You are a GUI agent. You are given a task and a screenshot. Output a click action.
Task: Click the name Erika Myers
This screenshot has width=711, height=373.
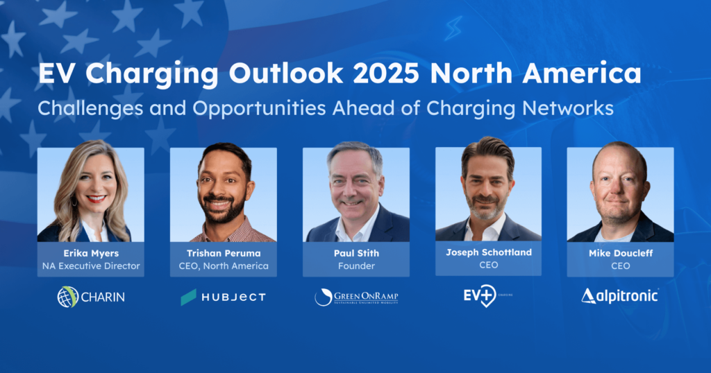[x=90, y=253]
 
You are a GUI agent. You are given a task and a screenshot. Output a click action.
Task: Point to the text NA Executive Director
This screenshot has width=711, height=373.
[x=90, y=266]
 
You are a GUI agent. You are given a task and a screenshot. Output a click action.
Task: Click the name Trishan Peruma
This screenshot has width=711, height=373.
[x=223, y=253]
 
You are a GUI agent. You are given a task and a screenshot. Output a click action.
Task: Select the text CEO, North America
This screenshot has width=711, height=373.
[x=223, y=266]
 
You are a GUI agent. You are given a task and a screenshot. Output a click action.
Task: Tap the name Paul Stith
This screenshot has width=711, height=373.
[x=355, y=253]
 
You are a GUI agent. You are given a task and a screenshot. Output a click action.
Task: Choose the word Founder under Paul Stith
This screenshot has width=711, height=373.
[x=355, y=266]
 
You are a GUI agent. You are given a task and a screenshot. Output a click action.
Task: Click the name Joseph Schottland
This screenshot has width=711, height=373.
[x=488, y=252]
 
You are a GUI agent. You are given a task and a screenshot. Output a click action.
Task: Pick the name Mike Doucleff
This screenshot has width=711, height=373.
[x=620, y=253]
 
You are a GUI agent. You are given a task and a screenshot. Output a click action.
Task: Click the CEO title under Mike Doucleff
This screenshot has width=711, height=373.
[x=620, y=266]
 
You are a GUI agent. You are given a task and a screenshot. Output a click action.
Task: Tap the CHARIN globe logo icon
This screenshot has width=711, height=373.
[x=68, y=297]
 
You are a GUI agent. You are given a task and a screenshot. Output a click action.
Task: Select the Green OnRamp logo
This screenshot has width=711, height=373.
[x=356, y=297]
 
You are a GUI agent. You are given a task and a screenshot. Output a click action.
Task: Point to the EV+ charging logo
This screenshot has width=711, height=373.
[x=480, y=297]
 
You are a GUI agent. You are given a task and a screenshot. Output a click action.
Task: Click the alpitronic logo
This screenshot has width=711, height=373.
[x=620, y=297]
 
